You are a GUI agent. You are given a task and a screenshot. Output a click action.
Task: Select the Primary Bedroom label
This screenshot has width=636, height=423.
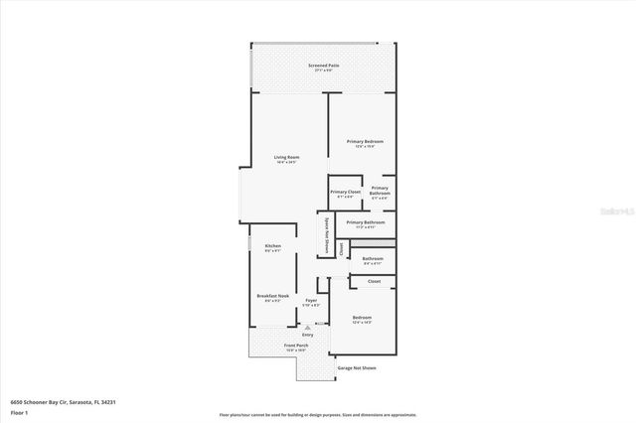(365, 142)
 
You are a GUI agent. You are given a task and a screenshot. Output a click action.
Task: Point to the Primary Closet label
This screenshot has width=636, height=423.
(346, 192)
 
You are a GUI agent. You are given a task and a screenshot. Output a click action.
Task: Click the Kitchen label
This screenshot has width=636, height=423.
(272, 246)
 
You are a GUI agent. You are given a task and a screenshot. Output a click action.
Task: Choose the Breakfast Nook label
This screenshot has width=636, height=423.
(272, 296)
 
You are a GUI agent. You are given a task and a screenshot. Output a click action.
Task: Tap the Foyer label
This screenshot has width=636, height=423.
(311, 300)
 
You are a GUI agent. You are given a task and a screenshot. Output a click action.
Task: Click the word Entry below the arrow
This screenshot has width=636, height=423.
(308, 335)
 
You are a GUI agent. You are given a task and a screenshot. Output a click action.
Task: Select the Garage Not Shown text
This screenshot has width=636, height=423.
(356, 367)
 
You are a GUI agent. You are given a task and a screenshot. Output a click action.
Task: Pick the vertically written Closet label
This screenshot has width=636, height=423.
(341, 248)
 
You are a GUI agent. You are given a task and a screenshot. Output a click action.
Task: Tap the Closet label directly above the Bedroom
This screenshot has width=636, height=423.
(374, 282)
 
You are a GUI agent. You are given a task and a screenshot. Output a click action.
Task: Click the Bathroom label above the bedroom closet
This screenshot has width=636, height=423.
(373, 260)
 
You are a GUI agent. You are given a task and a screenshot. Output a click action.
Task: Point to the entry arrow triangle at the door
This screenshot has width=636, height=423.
(308, 327)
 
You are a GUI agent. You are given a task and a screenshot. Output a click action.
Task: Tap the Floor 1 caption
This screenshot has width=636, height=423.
(19, 411)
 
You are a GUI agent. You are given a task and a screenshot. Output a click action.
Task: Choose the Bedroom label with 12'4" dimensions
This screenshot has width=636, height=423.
(362, 319)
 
